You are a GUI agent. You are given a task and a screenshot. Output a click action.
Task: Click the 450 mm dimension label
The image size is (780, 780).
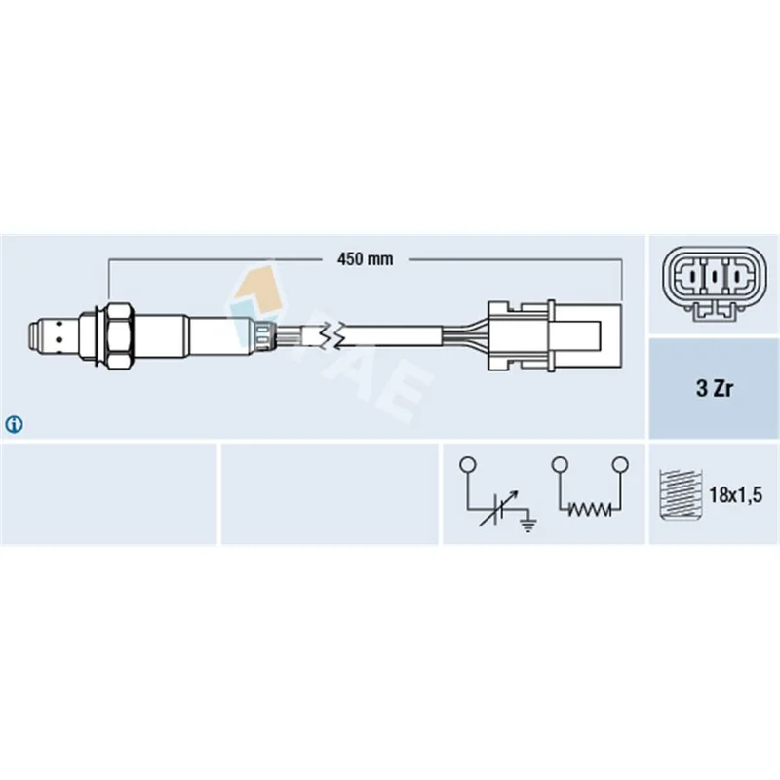365,259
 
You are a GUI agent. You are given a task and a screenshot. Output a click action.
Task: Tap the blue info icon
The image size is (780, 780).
14,424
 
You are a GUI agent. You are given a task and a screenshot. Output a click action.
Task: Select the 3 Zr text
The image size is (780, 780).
715,388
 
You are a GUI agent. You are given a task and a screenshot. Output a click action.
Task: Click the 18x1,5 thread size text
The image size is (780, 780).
735,495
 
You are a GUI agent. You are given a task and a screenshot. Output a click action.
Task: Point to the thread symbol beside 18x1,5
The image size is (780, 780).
681,494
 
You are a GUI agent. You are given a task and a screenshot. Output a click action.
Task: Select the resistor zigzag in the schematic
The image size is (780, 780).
590,509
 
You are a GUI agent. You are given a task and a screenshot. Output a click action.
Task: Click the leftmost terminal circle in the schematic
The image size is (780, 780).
468,465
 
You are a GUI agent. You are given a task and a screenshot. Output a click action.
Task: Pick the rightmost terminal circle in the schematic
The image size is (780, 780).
620,465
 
